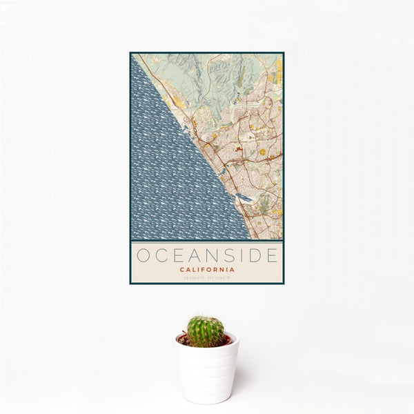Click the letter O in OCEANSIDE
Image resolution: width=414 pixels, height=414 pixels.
pyautogui.click(x=142, y=255)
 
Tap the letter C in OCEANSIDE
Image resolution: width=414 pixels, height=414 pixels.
pyautogui.click(x=159, y=255)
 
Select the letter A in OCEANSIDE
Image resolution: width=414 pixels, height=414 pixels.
pyautogui.click(x=193, y=255)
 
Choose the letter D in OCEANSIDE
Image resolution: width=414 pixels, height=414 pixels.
pyautogui.click(x=253, y=255)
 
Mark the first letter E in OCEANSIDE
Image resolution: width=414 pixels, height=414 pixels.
pyautogui.click(x=176, y=255)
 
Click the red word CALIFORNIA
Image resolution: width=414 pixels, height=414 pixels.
pyautogui.click(x=206, y=269)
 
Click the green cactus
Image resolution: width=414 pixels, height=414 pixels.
pyautogui.click(x=206, y=331)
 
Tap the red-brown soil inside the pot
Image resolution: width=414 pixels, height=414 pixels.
pyautogui.click(x=185, y=339)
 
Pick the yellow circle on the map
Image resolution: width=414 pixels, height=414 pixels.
pyautogui.click(x=263, y=151)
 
